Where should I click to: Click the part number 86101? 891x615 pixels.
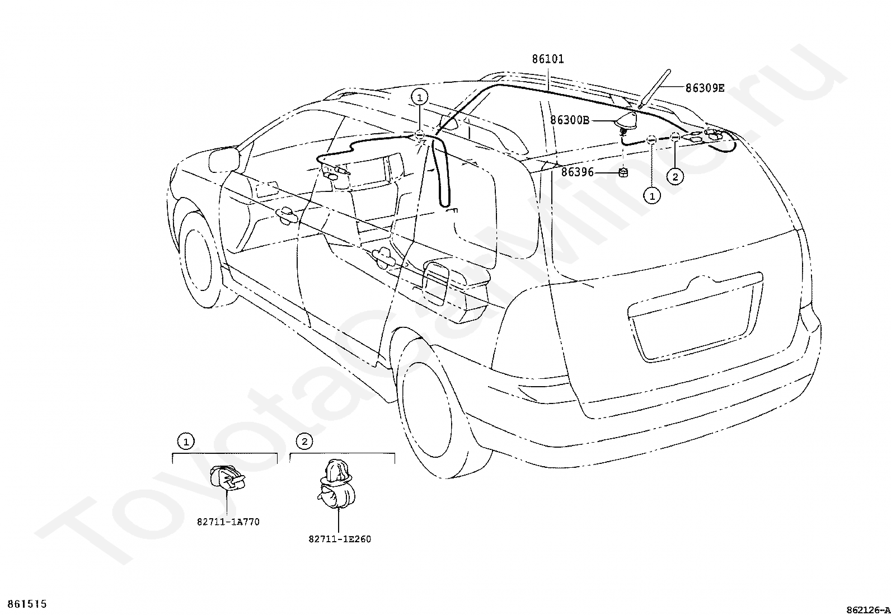[x=548, y=59]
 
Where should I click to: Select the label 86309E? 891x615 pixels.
[x=705, y=88]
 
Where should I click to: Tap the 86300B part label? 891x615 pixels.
[x=570, y=120]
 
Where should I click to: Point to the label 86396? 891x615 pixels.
[x=577, y=172]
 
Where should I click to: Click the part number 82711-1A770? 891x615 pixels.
[x=228, y=522]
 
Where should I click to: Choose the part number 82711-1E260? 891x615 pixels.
[x=340, y=539]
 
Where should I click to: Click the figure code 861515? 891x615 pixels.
[x=27, y=604]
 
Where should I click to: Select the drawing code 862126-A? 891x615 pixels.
[x=868, y=610]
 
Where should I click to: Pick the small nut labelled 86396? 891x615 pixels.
[x=623, y=173]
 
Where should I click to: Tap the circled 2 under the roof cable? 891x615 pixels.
[x=675, y=177]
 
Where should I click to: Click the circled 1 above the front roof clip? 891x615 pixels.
[x=420, y=97]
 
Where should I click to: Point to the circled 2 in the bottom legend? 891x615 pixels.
[x=304, y=441]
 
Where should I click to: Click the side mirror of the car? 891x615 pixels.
[x=224, y=159]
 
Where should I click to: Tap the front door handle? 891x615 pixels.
[x=287, y=215]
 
